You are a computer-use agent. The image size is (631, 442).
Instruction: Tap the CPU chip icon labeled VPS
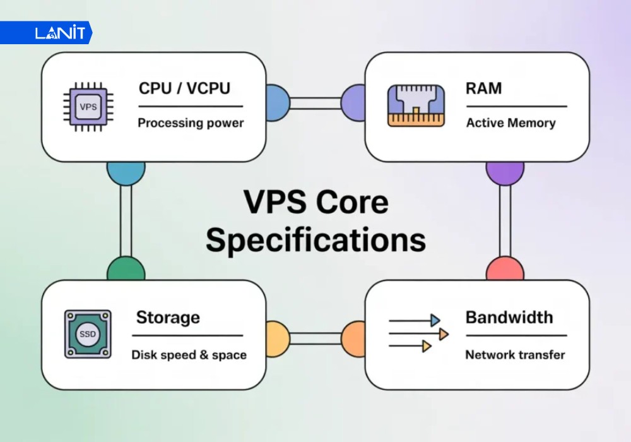tap(88, 107)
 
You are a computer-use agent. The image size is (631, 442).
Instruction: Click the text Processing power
tap(191, 122)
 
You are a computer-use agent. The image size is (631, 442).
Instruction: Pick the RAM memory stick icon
tap(415, 105)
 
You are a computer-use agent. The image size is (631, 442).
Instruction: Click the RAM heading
tap(484, 88)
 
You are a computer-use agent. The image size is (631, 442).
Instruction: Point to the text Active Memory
tap(510, 122)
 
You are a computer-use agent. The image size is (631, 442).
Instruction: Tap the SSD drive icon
tap(88, 335)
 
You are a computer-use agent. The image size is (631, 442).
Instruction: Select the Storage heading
tap(168, 317)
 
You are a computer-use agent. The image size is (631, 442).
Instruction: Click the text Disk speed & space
tap(189, 355)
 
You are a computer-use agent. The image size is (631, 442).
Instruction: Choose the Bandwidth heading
tap(509, 317)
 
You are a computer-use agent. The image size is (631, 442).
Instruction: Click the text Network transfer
tap(515, 355)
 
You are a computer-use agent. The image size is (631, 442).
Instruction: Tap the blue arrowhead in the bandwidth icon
tap(435, 321)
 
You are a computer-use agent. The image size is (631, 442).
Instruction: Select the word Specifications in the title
tap(315, 241)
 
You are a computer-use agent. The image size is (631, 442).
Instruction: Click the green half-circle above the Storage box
tap(126, 271)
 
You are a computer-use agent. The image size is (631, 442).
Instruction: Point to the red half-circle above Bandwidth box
tap(505, 271)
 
